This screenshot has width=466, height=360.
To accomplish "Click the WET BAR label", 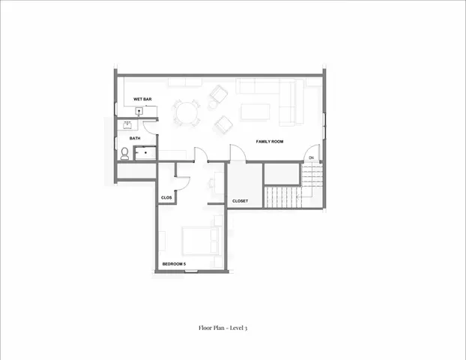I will tap(142, 99).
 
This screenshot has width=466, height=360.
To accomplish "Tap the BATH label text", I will tap(135, 138).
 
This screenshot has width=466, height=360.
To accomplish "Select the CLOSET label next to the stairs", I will tap(240, 201).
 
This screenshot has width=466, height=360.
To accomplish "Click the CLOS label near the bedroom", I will tap(166, 197).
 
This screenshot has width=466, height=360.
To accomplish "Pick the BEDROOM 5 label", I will tap(174, 263).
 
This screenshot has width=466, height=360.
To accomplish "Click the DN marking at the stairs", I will tap(311, 157).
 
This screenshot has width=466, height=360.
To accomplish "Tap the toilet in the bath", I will tap(124, 154).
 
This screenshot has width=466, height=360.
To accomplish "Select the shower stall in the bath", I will tap(145, 154).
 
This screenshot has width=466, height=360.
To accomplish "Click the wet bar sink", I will tap(139, 111).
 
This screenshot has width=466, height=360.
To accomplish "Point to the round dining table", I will tap(187, 113).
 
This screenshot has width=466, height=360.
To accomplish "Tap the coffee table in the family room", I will tap(255, 112).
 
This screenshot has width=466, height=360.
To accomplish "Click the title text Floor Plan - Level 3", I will tap(223, 328).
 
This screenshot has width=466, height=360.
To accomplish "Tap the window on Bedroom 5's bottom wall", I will tap(191, 270).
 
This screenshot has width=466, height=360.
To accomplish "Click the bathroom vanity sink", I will tap(128, 126).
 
